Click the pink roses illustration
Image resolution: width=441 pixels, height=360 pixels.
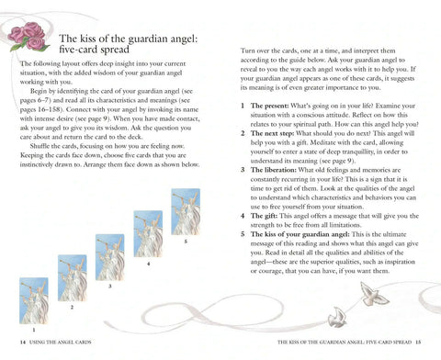(28, 37)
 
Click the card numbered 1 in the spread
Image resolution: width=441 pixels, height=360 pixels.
(34, 301)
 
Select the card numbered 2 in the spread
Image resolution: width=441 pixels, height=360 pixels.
(73, 278)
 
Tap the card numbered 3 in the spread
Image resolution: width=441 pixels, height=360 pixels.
(110, 257)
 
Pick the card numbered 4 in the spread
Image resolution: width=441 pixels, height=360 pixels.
(148, 234)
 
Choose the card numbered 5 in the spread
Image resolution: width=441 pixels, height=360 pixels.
(186, 212)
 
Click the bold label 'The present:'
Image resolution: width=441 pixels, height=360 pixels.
(269, 106)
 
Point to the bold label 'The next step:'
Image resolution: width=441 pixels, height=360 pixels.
(272, 133)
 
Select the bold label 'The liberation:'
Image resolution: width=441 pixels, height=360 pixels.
(274, 170)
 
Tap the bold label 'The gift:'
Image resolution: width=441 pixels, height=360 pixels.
(264, 216)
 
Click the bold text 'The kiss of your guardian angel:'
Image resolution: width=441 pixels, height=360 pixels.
(300, 234)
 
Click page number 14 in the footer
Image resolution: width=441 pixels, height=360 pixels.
(23, 343)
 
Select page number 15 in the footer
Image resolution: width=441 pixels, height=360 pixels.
(418, 343)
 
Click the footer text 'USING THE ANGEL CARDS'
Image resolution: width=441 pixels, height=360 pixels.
(61, 343)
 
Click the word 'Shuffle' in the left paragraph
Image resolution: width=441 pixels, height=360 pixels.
(41, 146)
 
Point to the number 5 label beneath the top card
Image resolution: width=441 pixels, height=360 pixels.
(186, 242)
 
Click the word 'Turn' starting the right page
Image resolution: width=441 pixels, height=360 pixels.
(247, 51)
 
